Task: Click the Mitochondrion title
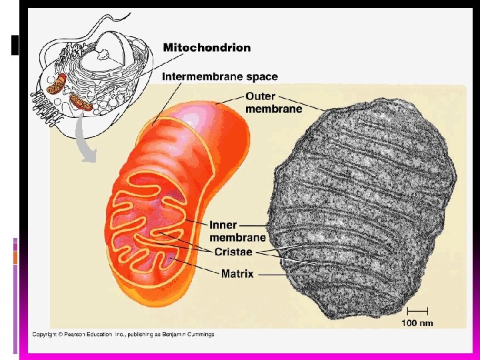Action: pos(207,48)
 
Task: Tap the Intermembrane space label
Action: pos(220,77)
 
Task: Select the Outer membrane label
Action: pos(273,103)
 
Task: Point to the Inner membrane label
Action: pos(237,231)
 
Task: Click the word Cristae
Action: pos(233,251)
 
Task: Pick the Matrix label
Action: pos(237,273)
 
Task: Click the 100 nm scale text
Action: pos(417,323)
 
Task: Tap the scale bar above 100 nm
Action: pos(418,310)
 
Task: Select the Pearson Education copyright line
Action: pos(123,334)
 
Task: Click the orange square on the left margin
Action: pos(15,257)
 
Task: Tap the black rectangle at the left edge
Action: pos(15,45)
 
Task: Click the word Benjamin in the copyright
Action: pos(172,334)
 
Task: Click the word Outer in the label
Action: pos(260,97)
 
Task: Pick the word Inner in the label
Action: pos(223,225)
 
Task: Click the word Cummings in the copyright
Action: pos(200,334)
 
